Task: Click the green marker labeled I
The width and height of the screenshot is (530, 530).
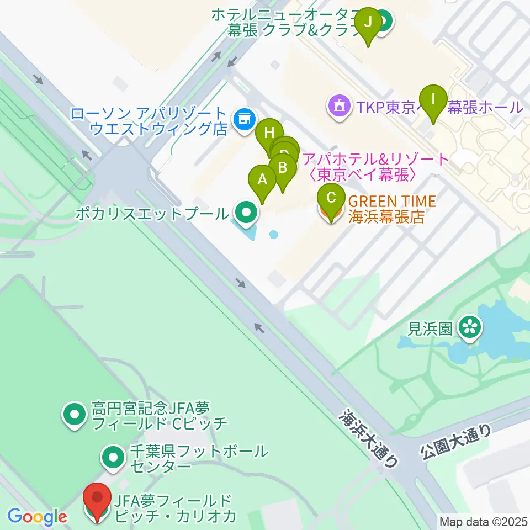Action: pos(433,100)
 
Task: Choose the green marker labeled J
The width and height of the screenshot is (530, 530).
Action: pos(368,23)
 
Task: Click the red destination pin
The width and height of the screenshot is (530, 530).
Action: pos(98,500)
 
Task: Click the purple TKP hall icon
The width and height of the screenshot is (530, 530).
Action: pos(338,105)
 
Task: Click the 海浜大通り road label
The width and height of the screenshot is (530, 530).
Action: pos(369,438)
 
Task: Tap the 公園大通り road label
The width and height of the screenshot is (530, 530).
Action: pos(456,443)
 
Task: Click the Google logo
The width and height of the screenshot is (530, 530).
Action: pos(37,517)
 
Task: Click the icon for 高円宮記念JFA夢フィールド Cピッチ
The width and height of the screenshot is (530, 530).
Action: pos(73,416)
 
